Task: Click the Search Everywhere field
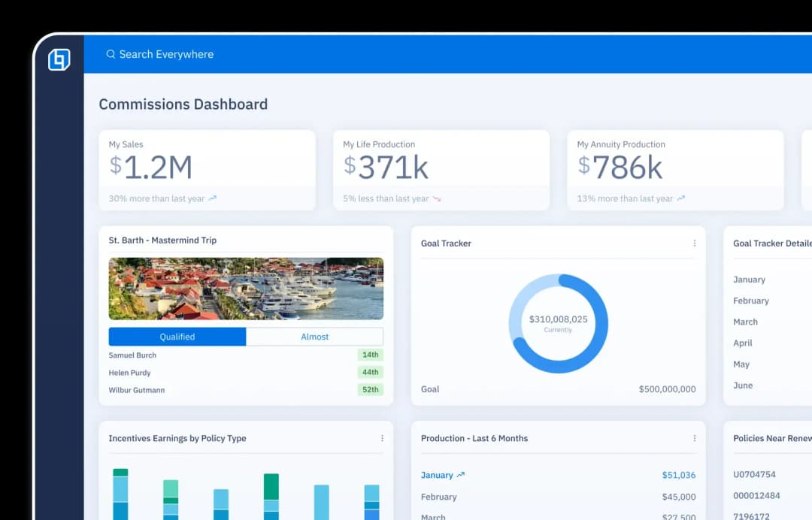coord(165,54)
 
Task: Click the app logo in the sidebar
coord(59,59)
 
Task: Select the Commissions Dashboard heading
coord(183,104)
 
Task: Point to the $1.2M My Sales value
coord(151,168)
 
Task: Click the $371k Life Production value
coord(386,168)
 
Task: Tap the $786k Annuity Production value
coord(620,168)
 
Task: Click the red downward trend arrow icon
coord(437,199)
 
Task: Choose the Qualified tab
coord(177,337)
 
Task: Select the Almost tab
coord(314,337)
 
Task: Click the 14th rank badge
coord(370,355)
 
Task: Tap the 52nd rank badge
coord(370,390)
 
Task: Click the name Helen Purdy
coord(129,373)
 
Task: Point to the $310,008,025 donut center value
coord(558,319)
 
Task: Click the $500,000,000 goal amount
coord(667,389)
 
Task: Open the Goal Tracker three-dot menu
coord(694,243)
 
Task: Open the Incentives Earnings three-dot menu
coord(382,438)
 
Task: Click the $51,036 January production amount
coord(678,475)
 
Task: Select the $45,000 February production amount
coord(678,497)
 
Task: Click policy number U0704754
coord(754,474)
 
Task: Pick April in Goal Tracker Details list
coord(742,343)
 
